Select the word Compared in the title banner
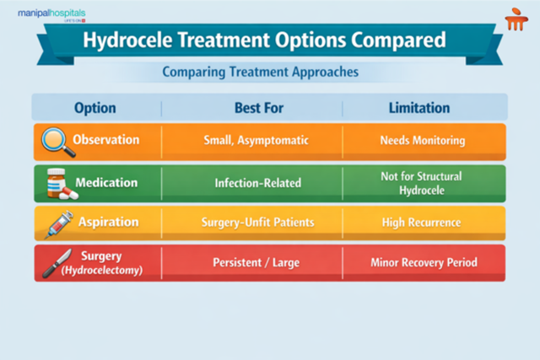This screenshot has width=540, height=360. (402, 41)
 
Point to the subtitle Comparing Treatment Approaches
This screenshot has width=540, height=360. (260, 73)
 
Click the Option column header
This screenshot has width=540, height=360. (95, 108)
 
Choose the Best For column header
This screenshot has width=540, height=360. (251, 108)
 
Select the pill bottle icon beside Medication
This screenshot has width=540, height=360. (57, 183)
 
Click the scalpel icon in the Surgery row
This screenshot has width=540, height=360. (56, 262)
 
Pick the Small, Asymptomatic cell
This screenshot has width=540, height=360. (251, 140)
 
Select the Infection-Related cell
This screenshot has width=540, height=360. (251, 182)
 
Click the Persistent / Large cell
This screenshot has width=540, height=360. (251, 262)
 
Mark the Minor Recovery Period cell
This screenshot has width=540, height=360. (424, 262)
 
